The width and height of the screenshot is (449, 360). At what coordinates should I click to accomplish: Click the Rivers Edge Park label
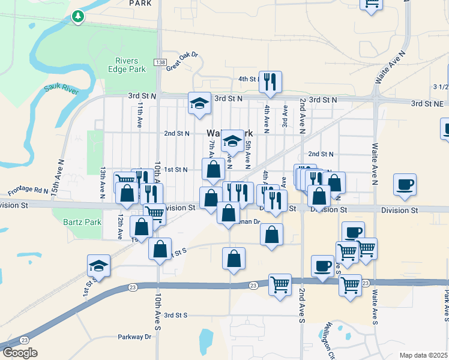tap(130, 65)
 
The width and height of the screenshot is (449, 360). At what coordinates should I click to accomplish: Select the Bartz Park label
tap(82, 222)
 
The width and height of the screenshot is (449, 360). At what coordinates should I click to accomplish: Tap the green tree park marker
tap(77, 16)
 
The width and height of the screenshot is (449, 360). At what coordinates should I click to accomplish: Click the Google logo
tap(20, 352)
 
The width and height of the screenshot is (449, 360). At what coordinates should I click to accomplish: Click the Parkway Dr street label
tap(136, 337)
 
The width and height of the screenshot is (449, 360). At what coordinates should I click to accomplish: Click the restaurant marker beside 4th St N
tap(270, 82)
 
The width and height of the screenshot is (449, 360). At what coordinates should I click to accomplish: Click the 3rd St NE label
tap(426, 103)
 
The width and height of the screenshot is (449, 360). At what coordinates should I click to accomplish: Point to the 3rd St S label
tap(176, 314)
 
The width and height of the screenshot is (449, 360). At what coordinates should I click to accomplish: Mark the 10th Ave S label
tap(157, 312)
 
